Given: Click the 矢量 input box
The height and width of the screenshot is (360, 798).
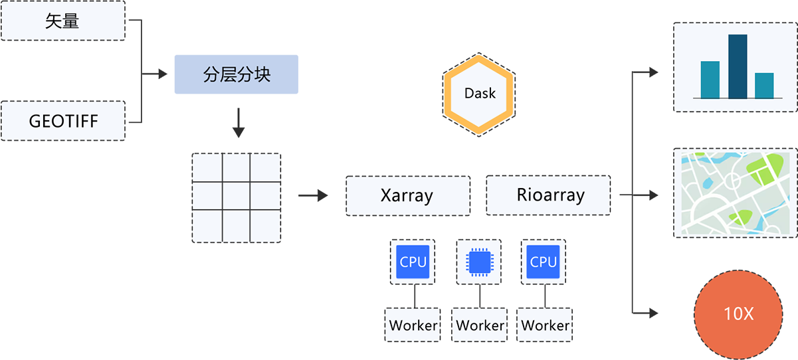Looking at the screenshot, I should click(x=62, y=21).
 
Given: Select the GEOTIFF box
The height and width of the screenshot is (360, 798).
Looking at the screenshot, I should click(x=62, y=122).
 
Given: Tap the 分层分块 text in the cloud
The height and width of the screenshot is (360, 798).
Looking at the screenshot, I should click(x=237, y=74).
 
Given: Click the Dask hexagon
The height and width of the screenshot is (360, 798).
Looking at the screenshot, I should click(x=480, y=93).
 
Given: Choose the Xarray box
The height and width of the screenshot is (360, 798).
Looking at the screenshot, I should click(x=407, y=196).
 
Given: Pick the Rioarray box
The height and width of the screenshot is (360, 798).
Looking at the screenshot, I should click(x=550, y=195).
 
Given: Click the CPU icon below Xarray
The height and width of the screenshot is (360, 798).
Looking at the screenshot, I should click(x=413, y=262).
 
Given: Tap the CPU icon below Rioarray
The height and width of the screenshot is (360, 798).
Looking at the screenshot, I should click(x=544, y=262).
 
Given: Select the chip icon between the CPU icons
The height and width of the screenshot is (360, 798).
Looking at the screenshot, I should click(x=478, y=262).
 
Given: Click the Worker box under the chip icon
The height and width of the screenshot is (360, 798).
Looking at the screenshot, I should click(x=480, y=325).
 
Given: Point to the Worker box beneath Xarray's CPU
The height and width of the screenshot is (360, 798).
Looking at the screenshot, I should click(x=413, y=325).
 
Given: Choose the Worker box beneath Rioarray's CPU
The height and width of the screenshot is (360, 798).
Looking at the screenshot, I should click(x=545, y=325).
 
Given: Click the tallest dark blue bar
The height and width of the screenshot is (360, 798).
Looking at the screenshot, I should click(x=738, y=66).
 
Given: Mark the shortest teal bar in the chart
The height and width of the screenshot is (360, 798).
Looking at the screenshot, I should click(x=764, y=85).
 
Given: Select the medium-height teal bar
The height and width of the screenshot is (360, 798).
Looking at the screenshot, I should click(x=710, y=80).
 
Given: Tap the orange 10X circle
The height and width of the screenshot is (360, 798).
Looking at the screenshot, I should click(x=738, y=314).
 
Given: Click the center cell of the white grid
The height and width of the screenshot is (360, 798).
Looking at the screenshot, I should click(x=237, y=197).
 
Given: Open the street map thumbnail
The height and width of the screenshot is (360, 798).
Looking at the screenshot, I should click(x=736, y=193).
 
